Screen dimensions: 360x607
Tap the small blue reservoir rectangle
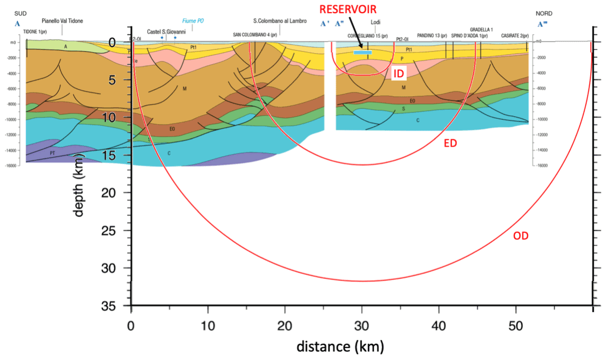coord(363,52)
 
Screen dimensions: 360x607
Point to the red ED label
coord(450,142)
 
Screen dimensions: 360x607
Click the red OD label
coord(520,236)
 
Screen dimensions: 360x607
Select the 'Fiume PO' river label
coord(193,21)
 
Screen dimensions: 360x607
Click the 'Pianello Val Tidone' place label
coord(63,21)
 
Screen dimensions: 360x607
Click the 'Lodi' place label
coord(375,22)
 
